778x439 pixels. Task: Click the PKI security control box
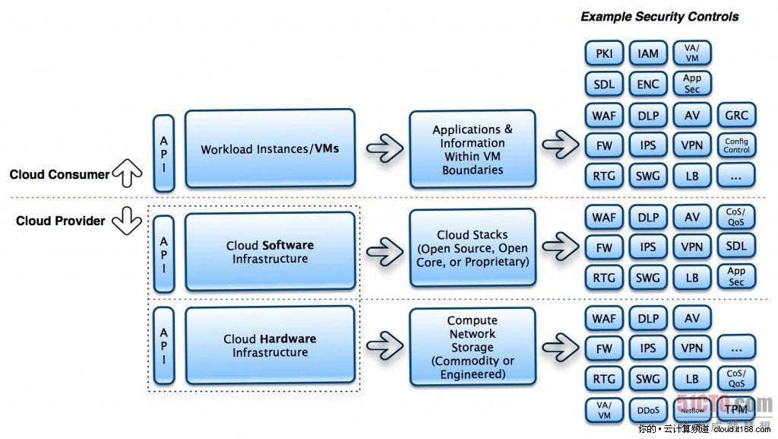604,53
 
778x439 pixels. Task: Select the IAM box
648,53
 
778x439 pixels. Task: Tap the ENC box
648,84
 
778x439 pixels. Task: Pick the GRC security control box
736,115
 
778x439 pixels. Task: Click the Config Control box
736,145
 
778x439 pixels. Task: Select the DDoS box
648,410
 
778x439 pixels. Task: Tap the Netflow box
692,410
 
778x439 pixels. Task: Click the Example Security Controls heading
659,16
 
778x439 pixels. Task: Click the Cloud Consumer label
59,174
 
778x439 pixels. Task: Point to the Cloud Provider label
61,221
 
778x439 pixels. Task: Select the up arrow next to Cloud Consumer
127,174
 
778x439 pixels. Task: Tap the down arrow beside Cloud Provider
127,221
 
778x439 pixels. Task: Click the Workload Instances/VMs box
270,148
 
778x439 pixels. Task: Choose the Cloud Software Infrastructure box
270,251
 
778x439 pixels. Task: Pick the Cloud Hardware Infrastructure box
270,345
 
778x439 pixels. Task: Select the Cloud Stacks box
472,248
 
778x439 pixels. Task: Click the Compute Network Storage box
472,347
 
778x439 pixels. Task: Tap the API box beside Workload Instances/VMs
164,152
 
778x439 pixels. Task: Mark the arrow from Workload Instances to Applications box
384,148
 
